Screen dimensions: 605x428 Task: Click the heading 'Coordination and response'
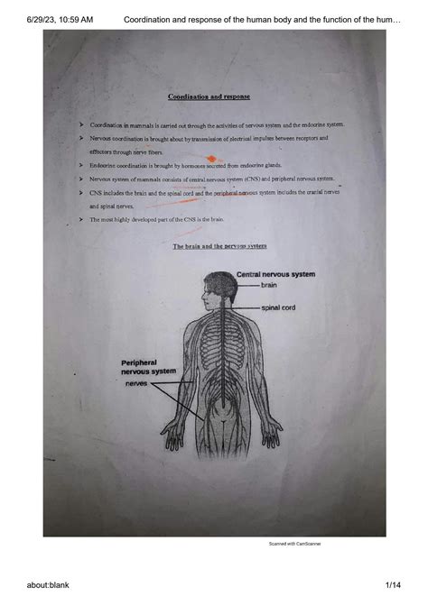click(209, 96)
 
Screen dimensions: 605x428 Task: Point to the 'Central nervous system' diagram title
click(275, 274)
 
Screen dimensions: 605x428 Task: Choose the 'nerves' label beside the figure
click(136, 383)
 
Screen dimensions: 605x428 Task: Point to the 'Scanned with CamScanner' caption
click(294, 544)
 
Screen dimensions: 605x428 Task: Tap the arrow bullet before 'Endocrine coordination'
click(81, 166)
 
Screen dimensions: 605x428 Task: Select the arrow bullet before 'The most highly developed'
click(81, 219)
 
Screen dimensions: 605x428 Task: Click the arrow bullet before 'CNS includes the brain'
click(81, 193)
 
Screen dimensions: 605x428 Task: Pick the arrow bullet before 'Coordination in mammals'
click(81, 124)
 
